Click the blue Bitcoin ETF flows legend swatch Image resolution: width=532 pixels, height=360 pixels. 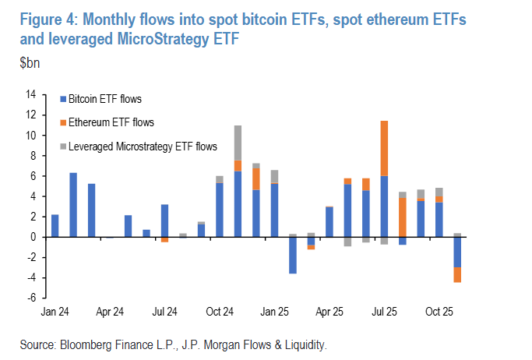coord(64,99)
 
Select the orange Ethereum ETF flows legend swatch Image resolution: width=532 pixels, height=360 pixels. coord(64,122)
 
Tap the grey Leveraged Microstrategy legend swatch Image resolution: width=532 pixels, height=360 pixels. coord(64,146)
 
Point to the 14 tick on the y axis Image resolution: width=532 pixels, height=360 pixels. coord(31,95)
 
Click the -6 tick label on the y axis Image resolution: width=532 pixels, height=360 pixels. coord(32,298)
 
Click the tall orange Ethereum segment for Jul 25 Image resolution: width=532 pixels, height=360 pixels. coord(384,148)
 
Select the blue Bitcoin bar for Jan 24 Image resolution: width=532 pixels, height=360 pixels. coord(55,225)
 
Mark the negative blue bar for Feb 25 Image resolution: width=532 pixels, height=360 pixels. coord(293,255)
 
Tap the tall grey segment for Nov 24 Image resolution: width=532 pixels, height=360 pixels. coord(238,143)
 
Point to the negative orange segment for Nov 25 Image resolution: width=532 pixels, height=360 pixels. coord(457,274)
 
